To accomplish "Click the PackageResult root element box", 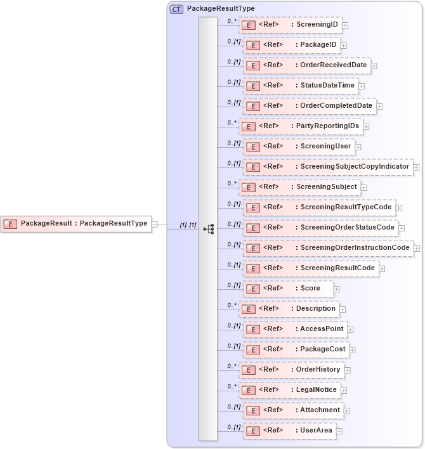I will [77, 223].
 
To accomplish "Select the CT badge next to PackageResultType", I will [176, 10].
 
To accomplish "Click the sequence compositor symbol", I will [208, 228].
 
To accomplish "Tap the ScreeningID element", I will [291, 25].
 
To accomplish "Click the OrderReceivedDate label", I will [333, 65].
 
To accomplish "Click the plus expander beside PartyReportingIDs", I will [367, 126].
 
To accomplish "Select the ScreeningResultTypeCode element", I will [319, 207].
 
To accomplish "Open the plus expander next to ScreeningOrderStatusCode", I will [402, 227].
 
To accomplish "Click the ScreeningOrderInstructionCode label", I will [355, 247].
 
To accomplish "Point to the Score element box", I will [288, 288].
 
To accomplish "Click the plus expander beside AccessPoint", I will [351, 329].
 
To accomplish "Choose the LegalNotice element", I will [291, 389].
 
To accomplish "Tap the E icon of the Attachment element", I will [252, 410].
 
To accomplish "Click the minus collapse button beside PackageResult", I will [155, 223].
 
